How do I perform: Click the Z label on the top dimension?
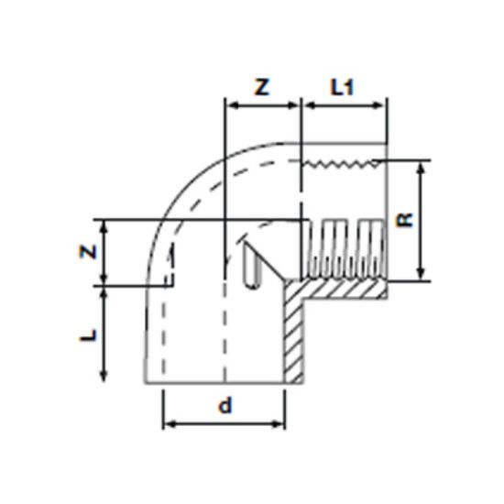pyautogui.click(x=262, y=88)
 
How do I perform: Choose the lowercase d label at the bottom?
pyautogui.click(x=225, y=406)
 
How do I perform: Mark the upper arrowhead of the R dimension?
pyautogui.click(x=422, y=168)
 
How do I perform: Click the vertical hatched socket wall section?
pyautogui.click(x=295, y=334)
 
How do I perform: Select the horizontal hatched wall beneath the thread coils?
pyautogui.click(x=344, y=290)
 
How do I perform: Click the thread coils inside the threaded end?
pyautogui.click(x=344, y=249)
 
